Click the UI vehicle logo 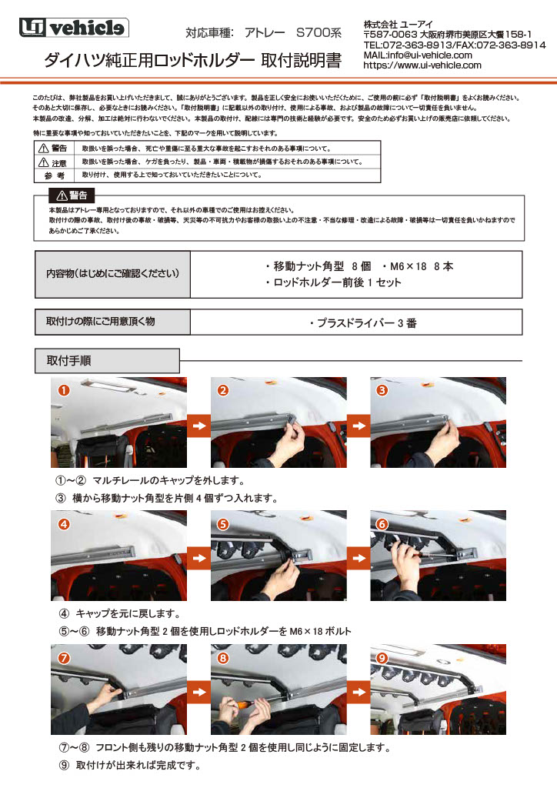[x=74, y=28]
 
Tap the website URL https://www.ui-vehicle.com [x=422, y=65]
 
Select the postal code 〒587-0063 [x=390, y=35]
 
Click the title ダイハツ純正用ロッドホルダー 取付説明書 [x=192, y=61]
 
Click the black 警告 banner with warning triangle [x=72, y=194]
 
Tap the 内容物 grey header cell [x=112, y=274]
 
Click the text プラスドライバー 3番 [x=362, y=323]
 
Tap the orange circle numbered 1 [x=64, y=390]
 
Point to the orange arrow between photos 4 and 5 [x=198, y=556]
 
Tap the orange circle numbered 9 [x=382, y=658]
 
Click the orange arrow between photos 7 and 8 [x=198, y=690]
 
